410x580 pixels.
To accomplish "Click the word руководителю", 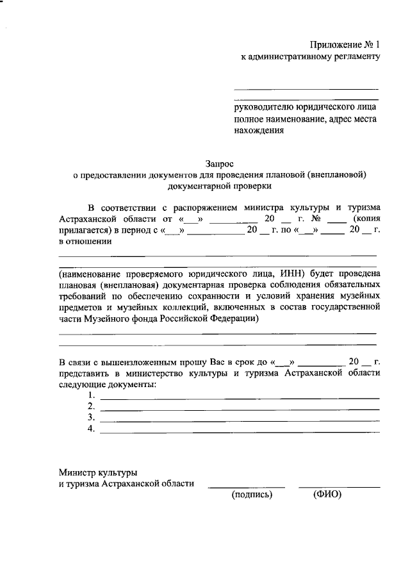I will click(x=260, y=108).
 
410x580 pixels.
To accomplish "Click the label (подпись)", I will click(x=252, y=494).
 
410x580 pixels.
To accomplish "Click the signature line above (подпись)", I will click(x=247, y=486).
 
